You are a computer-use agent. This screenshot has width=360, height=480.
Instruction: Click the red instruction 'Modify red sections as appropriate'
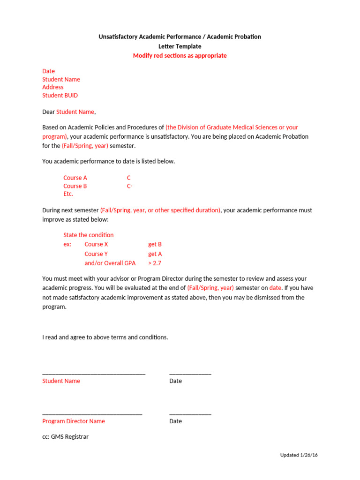(180, 56)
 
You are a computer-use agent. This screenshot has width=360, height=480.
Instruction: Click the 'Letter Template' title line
(180, 46)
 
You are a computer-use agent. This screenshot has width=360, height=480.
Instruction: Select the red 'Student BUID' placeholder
(60, 95)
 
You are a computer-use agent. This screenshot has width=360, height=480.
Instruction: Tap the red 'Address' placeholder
(52, 87)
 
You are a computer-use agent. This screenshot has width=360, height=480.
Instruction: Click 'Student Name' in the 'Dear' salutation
(75, 112)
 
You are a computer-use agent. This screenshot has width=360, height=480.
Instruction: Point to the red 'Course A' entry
(75, 178)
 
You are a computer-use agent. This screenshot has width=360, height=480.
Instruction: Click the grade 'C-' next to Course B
(130, 186)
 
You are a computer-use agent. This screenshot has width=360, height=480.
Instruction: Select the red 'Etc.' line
(68, 194)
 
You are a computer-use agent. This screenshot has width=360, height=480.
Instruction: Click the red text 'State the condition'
(88, 235)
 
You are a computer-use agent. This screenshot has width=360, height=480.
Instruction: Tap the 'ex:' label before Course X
(67, 244)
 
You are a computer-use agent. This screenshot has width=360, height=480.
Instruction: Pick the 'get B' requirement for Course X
(155, 244)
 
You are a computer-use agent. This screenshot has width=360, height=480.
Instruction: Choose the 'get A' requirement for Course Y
(155, 254)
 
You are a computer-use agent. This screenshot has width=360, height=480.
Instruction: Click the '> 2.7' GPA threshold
(155, 263)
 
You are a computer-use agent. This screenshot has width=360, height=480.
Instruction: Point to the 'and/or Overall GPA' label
(110, 263)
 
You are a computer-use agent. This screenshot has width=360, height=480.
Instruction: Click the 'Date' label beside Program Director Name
(175, 421)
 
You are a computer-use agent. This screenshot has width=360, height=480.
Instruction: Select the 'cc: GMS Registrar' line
(65, 436)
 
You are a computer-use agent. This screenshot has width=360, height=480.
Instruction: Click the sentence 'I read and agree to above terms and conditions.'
(105, 337)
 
